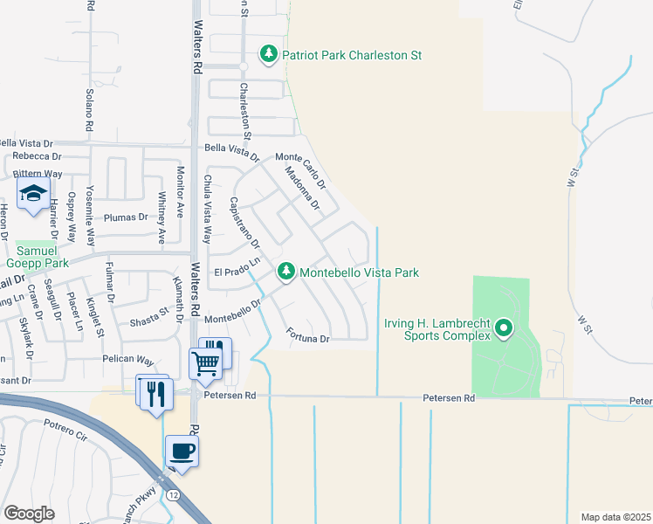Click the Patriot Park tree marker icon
tap(270, 54)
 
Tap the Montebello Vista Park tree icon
tap(285, 272)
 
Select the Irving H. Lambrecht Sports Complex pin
tap(503, 329)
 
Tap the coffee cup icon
tap(182, 451)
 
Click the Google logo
tap(30, 513)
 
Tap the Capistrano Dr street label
tap(244, 222)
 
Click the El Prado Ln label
tap(237, 267)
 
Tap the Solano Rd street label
tap(90, 111)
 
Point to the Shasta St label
tap(149, 318)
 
